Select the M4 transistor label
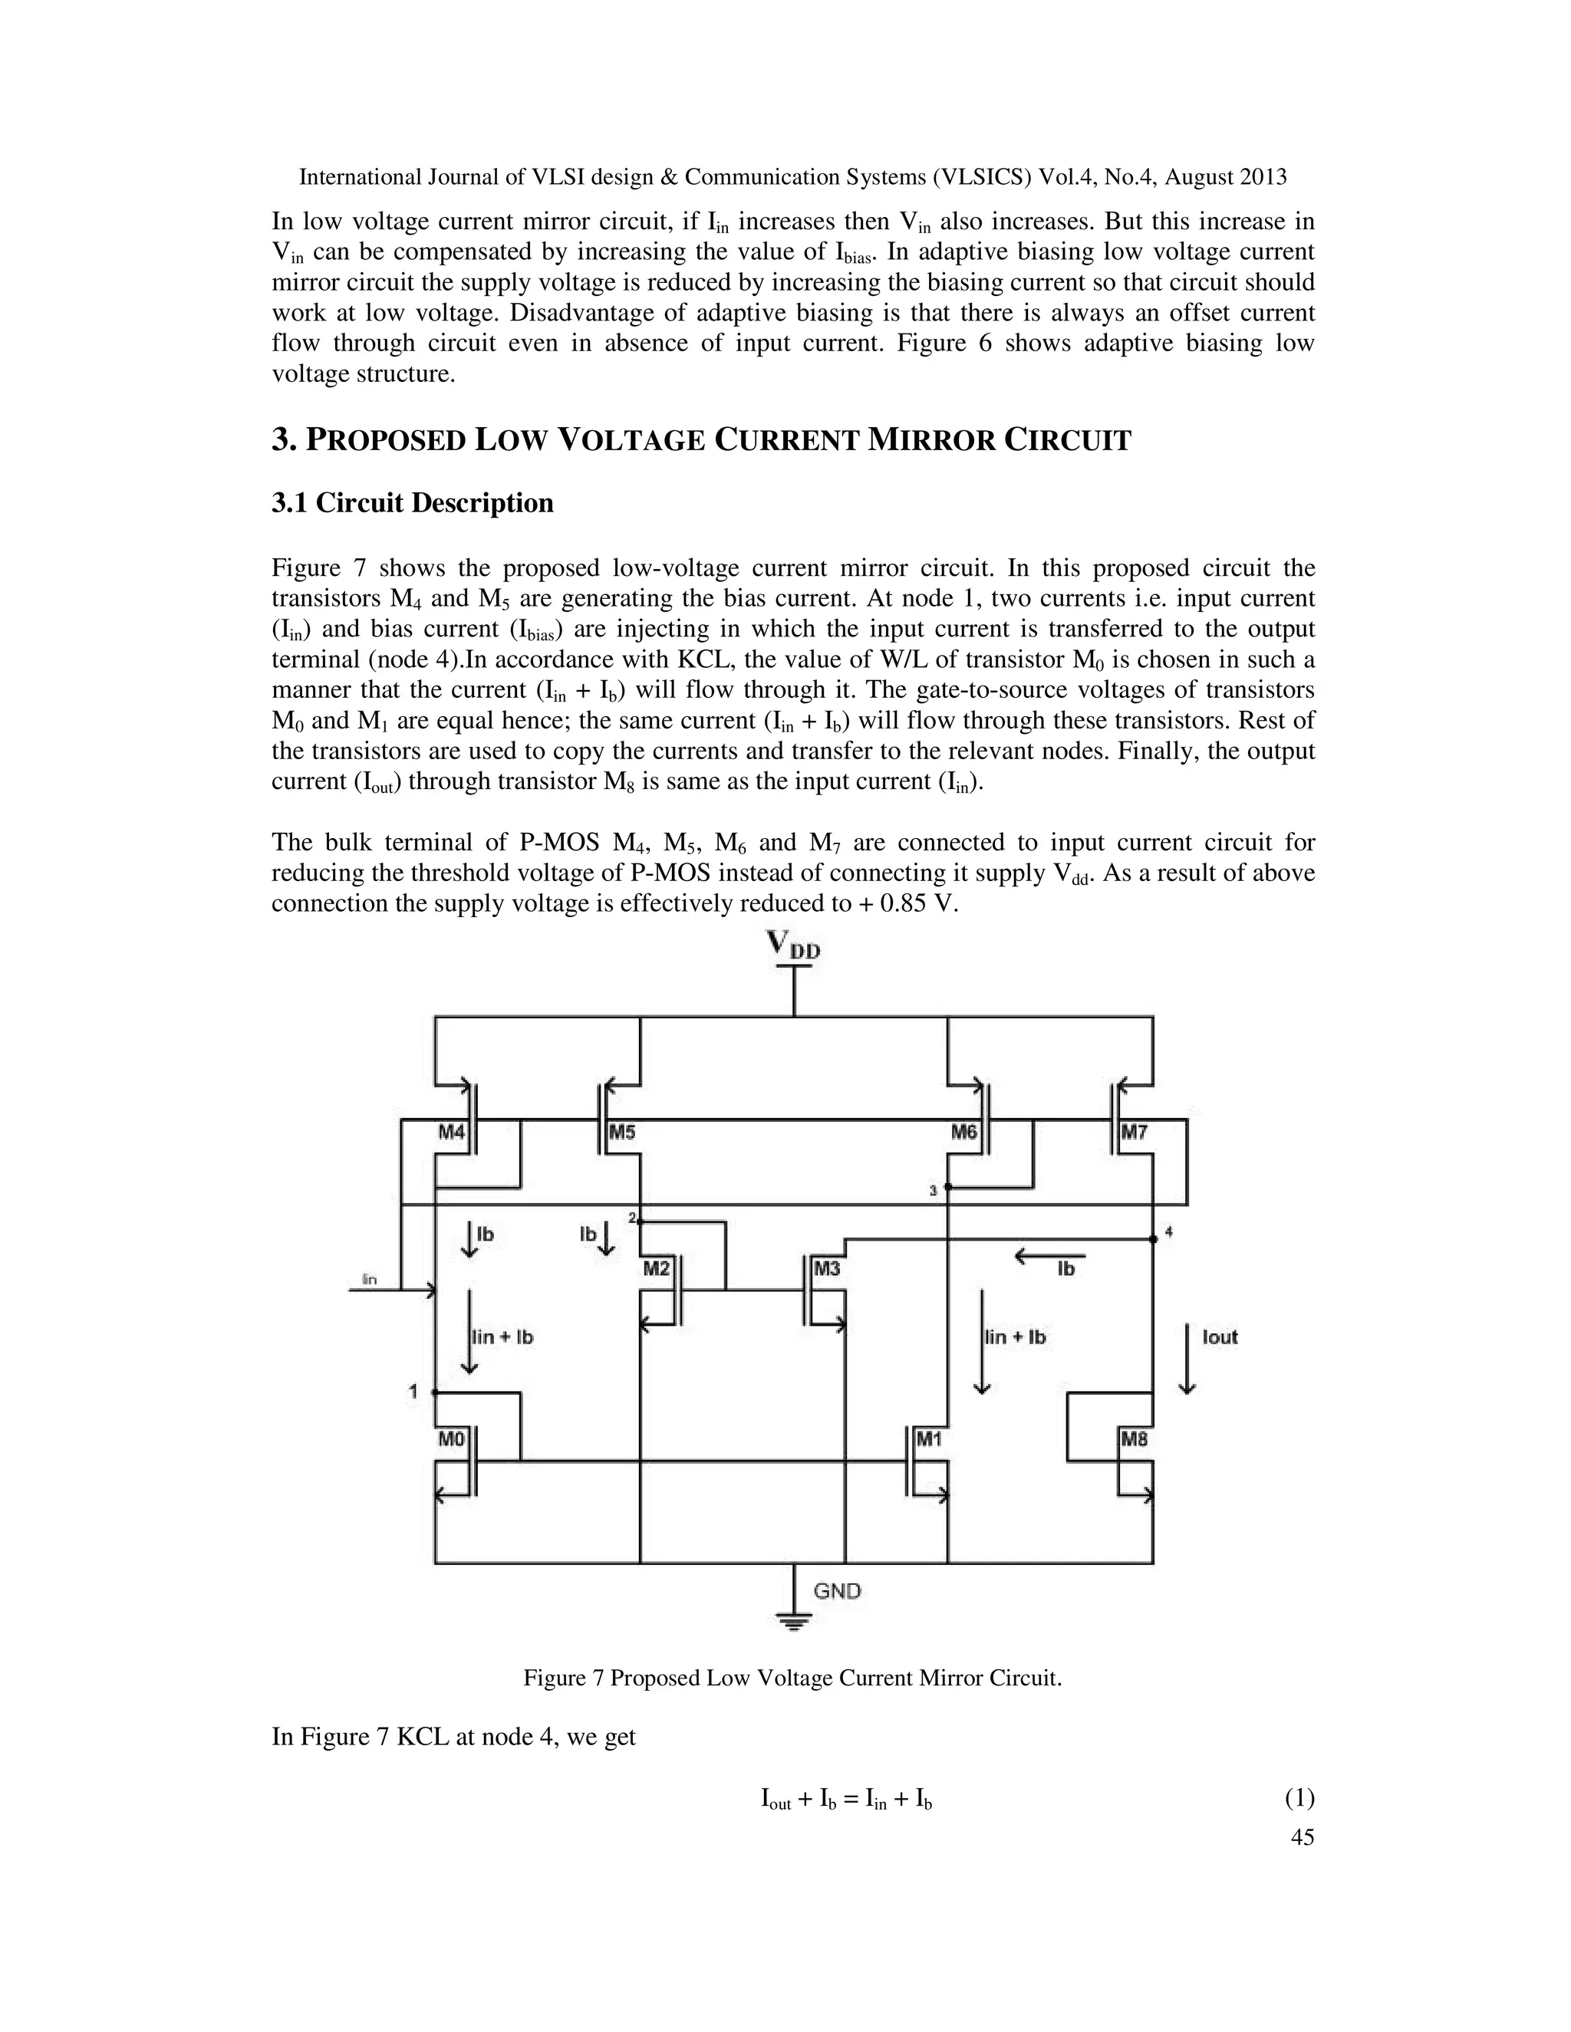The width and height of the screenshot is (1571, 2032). [x=451, y=1133]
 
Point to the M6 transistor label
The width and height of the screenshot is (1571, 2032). [x=963, y=1133]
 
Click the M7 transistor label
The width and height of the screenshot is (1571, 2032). [x=1135, y=1133]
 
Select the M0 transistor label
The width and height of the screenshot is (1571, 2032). [x=451, y=1439]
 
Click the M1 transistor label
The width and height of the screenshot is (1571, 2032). [x=930, y=1439]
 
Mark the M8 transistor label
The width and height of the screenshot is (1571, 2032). [x=1135, y=1439]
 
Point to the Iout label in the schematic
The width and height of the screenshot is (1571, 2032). [x=1219, y=1337]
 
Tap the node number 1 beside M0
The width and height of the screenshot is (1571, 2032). [x=412, y=1392]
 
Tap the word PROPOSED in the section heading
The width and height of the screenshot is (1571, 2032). [x=385, y=440]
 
